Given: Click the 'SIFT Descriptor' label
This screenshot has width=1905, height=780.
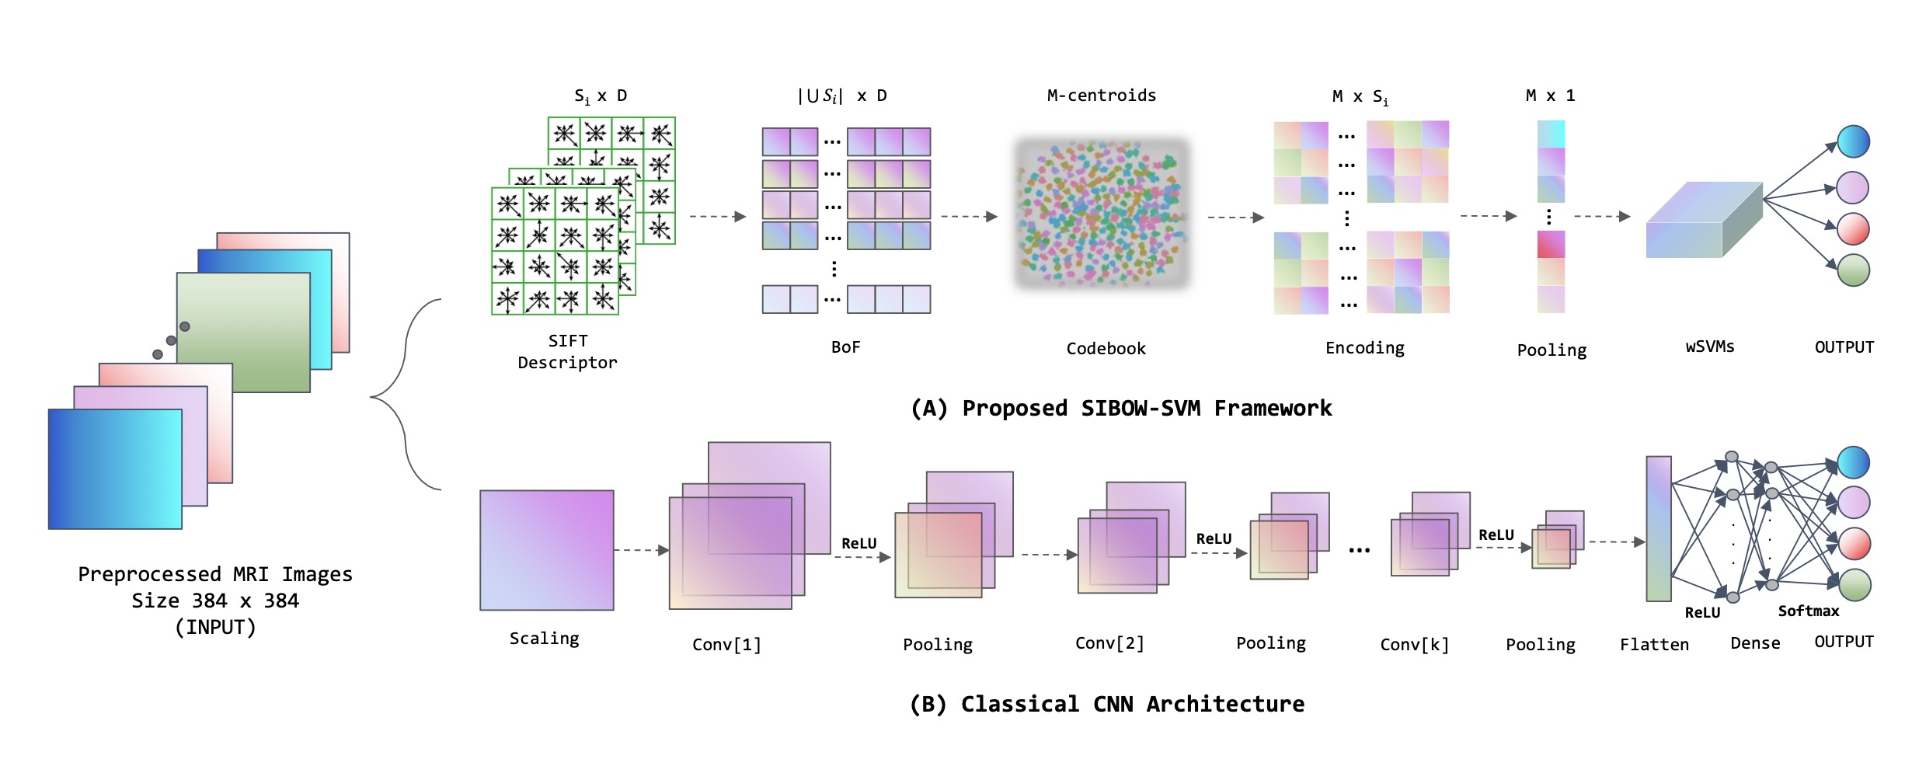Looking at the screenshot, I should pos(567,352).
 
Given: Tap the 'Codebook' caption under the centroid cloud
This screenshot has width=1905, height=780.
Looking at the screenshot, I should pos(1106,349).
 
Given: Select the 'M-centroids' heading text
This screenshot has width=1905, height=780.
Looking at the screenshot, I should pos(1101,96).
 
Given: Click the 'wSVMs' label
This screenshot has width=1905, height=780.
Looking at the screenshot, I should pos(1709,346).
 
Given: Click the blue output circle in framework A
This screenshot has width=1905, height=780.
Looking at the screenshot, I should pos(1853,141).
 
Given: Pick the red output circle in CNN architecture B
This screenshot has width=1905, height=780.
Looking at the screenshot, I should pos(1854,544).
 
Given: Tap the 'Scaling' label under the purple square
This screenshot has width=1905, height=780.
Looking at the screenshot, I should pos(544,639).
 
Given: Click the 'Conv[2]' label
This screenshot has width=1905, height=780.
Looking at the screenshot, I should pos(1109,643).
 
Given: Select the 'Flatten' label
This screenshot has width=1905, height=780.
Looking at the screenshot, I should pos(1654,645).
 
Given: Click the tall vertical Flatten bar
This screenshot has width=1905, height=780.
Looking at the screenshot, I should pos(1658,529).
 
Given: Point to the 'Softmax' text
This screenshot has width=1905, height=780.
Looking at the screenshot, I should pos(1808,611).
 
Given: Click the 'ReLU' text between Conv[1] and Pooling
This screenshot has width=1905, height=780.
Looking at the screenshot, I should pos(858,544).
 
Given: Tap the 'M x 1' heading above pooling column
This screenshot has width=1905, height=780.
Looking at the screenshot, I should pos(1550,96).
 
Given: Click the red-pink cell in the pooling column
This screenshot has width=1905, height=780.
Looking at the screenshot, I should pos(1551,245).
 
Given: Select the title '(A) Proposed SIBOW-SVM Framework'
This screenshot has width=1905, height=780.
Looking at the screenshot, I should pos(1120,409).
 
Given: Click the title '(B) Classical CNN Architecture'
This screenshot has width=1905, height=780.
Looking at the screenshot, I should pos(1106,705).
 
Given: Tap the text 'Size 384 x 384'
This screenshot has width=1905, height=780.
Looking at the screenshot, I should pos(215,601).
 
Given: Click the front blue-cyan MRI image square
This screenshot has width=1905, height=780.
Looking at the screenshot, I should pos(115,469).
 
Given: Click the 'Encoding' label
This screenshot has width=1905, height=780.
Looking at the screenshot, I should pos(1364,348).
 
